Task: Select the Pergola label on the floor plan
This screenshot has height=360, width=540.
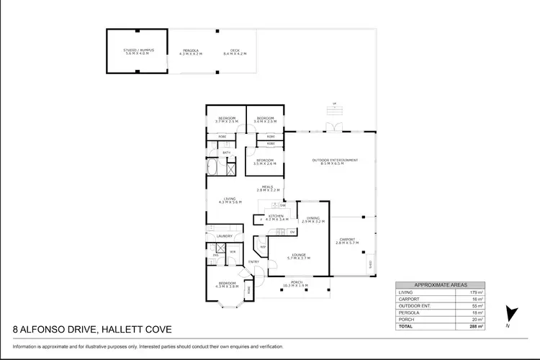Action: pyautogui.click(x=191, y=52)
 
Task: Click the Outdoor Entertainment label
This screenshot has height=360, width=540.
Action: pyautogui.click(x=334, y=162)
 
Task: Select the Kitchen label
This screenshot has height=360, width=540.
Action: pyautogui.click(x=276, y=216)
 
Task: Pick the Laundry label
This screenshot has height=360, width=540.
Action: pyautogui.click(x=223, y=235)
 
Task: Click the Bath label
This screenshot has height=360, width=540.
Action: pyautogui.click(x=226, y=153)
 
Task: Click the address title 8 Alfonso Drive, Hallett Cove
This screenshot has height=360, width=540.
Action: pyautogui.click(x=93, y=330)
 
